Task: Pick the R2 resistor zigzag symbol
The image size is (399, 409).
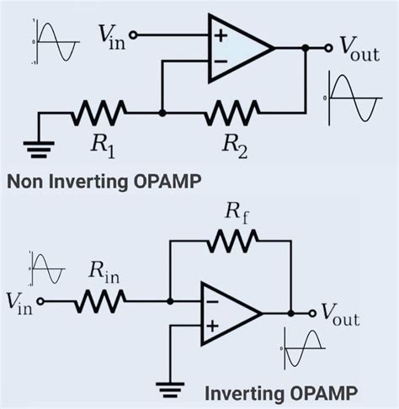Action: [x=233, y=111]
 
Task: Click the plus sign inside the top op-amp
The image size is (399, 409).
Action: [x=221, y=36]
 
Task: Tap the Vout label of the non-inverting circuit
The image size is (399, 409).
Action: [x=359, y=50]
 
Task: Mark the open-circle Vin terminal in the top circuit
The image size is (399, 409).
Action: [x=132, y=36]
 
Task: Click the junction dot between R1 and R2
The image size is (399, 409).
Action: [x=162, y=111]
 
